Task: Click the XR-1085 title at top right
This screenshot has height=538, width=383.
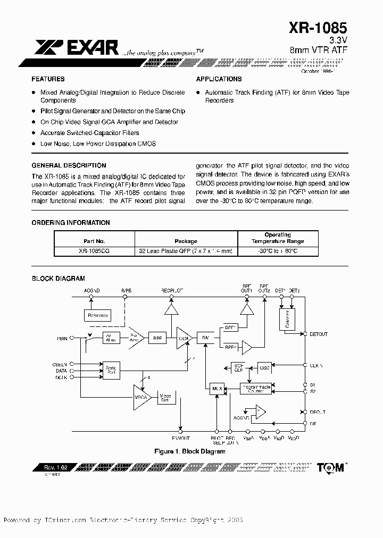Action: pyautogui.click(x=318, y=27)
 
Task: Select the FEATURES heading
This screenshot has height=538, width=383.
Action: pyautogui.click(x=48, y=79)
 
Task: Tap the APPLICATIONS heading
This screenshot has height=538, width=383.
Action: pyautogui.click(x=219, y=79)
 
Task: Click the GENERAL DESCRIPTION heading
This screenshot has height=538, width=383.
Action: pyautogui.click(x=69, y=165)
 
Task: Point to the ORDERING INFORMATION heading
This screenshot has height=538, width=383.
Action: pyautogui.click(x=71, y=223)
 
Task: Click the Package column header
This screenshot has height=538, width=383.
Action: pyautogui.click(x=186, y=241)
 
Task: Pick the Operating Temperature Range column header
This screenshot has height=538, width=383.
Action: pyautogui.click(x=278, y=238)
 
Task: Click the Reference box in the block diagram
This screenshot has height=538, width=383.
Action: pyautogui.click(x=97, y=315)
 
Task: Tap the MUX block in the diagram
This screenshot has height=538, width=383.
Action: pyautogui.click(x=216, y=389)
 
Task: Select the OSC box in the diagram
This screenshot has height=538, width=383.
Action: pyautogui.click(x=264, y=367)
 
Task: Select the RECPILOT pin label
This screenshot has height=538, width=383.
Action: pyautogui.click(x=172, y=291)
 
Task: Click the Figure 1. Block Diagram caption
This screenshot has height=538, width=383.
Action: pyautogui.click(x=189, y=451)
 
